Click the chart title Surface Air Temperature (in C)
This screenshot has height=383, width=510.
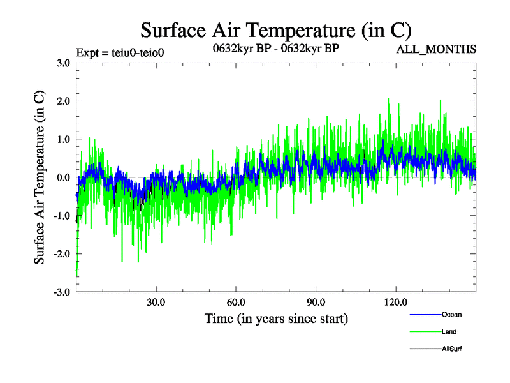pos(276,30)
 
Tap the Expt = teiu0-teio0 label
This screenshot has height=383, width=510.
pos(120,52)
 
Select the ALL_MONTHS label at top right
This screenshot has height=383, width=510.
pos(437,49)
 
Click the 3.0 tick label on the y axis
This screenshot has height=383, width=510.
pos(62,63)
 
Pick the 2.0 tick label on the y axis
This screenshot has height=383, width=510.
pos(62,101)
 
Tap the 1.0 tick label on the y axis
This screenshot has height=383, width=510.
pos(62,139)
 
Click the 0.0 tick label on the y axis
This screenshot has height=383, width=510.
pos(62,177)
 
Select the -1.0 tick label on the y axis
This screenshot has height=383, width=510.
pos(61,216)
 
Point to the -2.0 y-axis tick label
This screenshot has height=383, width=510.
pos(61,254)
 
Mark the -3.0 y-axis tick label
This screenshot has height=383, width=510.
pos(61,292)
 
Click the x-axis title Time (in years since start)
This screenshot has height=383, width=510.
pos(276,318)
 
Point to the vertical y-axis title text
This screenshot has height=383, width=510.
pos(40,177)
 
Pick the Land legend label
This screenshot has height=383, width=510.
pos(449,332)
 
